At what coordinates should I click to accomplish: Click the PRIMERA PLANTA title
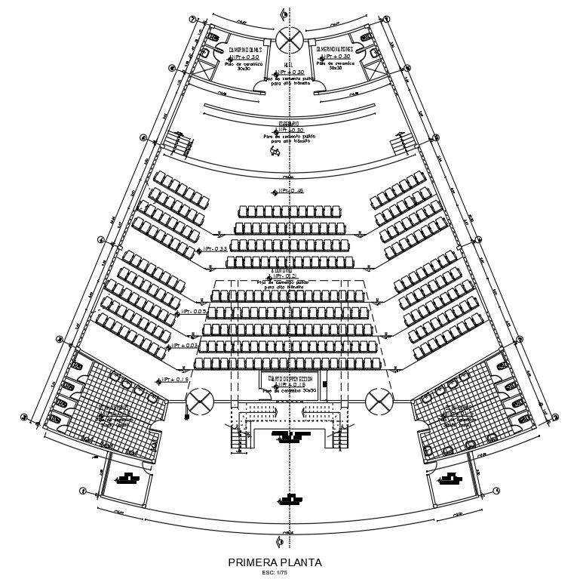275,562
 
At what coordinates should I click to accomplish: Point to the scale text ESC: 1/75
275,572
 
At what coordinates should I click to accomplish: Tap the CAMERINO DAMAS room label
244,50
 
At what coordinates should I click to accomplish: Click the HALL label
289,65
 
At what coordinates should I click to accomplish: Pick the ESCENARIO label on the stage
289,123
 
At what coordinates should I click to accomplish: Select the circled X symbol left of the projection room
200,401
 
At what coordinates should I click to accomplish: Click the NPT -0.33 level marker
213,249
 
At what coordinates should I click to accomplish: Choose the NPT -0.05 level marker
193,312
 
